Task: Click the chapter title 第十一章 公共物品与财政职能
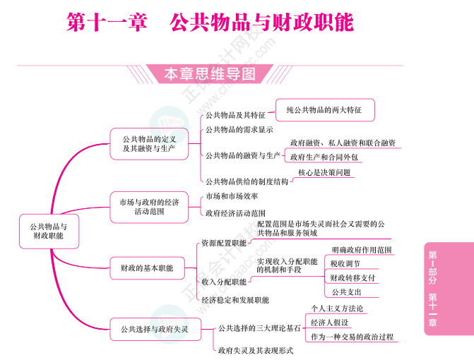point(210,23)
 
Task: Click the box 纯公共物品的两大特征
point(324,110)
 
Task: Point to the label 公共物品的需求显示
point(239,130)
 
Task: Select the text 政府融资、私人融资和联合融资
point(343,143)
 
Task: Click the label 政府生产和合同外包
point(324,157)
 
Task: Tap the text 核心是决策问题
point(324,172)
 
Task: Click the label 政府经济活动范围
point(235,212)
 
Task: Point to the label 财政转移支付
point(352,277)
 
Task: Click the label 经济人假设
point(329,323)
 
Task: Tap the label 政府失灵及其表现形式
point(256,349)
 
